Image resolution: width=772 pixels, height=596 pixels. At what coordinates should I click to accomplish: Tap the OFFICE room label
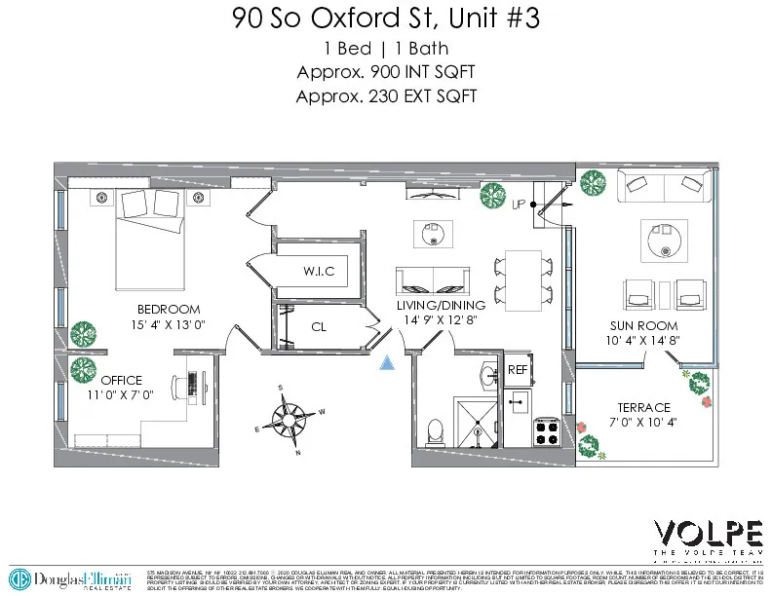pos(121,380)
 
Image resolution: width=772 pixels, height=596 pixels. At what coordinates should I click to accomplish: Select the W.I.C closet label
pos(319,272)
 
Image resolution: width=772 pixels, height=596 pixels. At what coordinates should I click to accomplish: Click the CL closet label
pos(319,328)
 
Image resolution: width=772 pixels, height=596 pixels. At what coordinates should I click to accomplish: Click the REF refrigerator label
pos(518,370)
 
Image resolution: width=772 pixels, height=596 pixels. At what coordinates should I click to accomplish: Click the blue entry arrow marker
pos(388,363)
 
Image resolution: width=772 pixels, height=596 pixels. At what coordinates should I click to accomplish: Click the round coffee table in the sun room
pos(662,239)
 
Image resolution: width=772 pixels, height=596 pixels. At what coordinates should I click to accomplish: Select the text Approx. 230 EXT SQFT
pos(385,95)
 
